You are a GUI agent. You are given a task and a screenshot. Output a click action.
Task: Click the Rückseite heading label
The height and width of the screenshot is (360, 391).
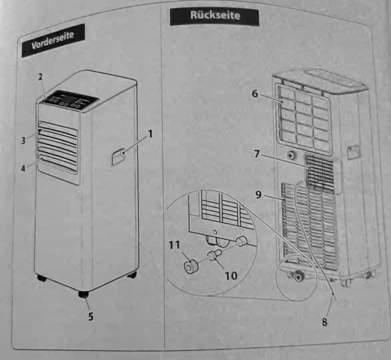pos(215,16)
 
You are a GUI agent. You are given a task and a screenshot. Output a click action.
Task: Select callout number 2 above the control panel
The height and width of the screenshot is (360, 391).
pos(41,77)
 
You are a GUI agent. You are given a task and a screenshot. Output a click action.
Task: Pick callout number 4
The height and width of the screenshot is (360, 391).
pos(23,169)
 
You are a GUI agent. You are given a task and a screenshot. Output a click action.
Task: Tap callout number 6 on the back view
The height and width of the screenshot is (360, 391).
pos(255,94)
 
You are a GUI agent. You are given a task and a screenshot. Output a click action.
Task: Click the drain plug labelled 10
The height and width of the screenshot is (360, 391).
pos(214,256)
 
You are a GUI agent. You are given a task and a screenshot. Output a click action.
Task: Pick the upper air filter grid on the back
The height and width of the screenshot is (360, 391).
pos(305,117)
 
